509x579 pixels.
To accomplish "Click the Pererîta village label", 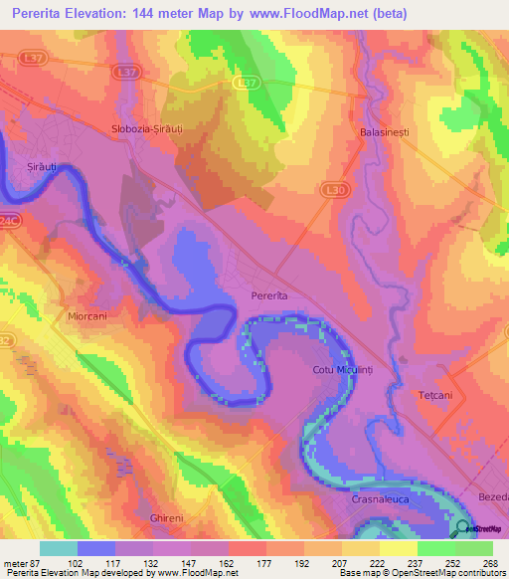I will tap(269, 296).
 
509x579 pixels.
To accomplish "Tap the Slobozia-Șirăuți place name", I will tap(153, 130).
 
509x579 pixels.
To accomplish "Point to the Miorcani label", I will tap(87, 315).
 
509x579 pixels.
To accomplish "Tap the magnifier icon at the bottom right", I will tap(463, 528).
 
